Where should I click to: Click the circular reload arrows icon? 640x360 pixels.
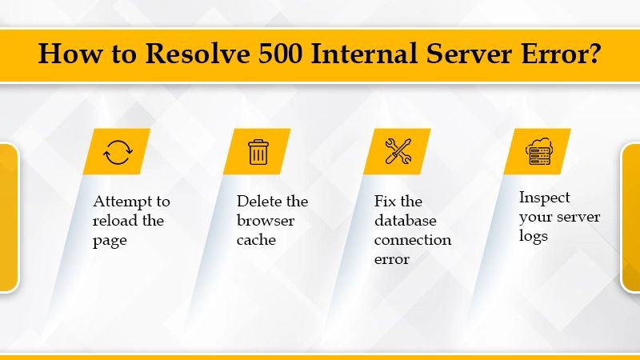tap(118, 151)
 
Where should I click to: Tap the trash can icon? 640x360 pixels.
tap(258, 151)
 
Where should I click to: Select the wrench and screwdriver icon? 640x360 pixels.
tap(398, 151)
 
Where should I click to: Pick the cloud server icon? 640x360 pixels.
tap(538, 151)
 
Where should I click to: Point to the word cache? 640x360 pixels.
tap(255, 239)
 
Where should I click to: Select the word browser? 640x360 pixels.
tap(266, 220)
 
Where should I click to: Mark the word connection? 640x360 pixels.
tap(413, 239)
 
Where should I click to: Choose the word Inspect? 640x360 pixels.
tap(545, 197)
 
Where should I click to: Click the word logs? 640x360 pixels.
tap(534, 236)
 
